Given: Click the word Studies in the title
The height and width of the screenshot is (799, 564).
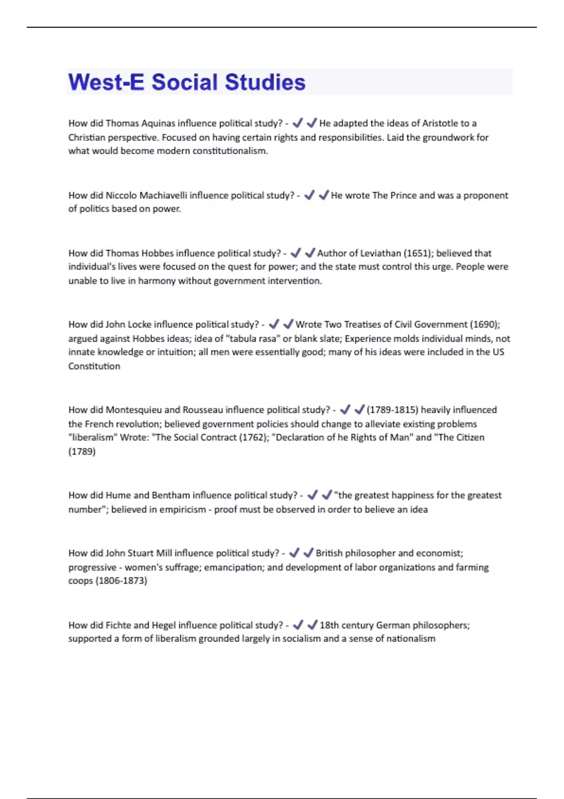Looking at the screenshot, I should pyautogui.click(x=265, y=82).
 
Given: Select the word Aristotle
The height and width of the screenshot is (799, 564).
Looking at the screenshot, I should pyautogui.click(x=440, y=123).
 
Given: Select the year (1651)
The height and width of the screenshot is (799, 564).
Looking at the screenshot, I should pyautogui.click(x=418, y=253).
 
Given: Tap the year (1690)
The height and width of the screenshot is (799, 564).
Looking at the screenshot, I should pyautogui.click(x=484, y=324).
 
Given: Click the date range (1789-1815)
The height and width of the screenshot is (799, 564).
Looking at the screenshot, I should pyautogui.click(x=392, y=410).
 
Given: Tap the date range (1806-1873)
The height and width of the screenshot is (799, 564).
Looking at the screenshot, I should pyautogui.click(x=121, y=581).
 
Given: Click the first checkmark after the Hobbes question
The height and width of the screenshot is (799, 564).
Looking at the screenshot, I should pyautogui.click(x=296, y=253).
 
